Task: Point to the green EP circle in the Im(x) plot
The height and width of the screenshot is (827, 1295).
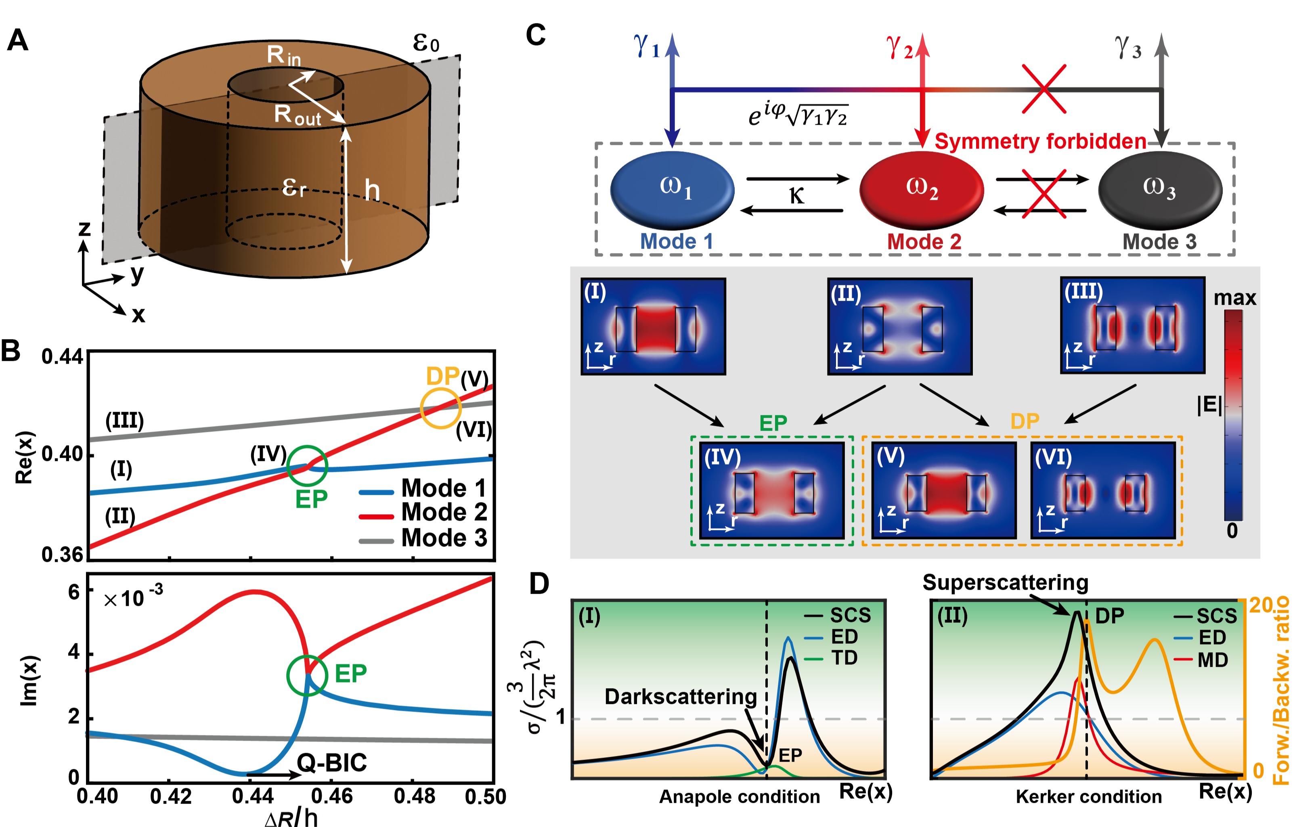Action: click(306, 675)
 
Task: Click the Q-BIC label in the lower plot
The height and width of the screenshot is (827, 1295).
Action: click(332, 762)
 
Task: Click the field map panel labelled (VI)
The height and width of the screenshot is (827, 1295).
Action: click(1103, 490)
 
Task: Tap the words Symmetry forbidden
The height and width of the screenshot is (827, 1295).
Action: click(1040, 141)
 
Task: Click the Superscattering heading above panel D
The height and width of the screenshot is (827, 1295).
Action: click(1005, 583)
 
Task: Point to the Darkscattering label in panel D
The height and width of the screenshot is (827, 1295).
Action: click(680, 696)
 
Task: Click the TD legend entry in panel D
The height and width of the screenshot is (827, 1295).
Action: click(844, 657)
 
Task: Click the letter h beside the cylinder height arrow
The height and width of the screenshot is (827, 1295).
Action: click(372, 190)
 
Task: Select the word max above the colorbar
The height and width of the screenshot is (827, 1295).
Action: click(1235, 297)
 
